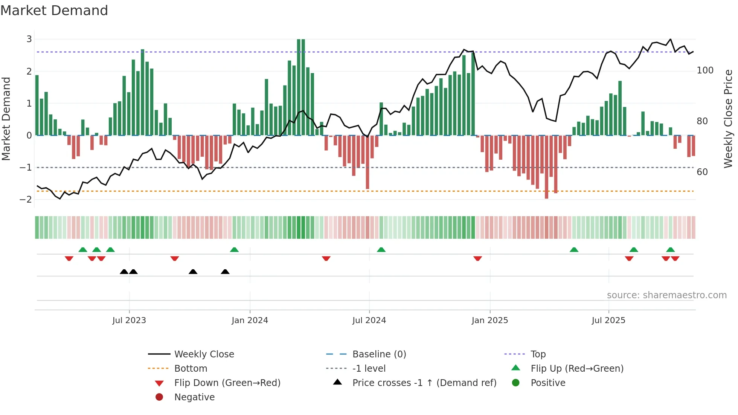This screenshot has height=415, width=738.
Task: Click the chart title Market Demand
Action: pyautogui.click(x=54, y=10)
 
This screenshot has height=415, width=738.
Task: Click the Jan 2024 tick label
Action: pyautogui.click(x=250, y=320)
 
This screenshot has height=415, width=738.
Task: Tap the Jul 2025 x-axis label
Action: pyautogui.click(x=608, y=320)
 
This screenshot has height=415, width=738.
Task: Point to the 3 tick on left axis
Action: pyautogui.click(x=29, y=39)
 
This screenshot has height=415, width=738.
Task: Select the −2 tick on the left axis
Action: pyautogui.click(x=26, y=199)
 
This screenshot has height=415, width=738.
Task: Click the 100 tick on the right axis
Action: pyautogui.click(x=705, y=70)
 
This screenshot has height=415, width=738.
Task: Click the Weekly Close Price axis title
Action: pyautogui.click(x=728, y=119)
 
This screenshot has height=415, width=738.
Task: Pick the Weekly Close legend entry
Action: pyautogui.click(x=204, y=354)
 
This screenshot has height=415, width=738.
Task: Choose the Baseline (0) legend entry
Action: pyautogui.click(x=379, y=354)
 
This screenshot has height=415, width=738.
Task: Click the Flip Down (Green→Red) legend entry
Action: pyautogui.click(x=227, y=383)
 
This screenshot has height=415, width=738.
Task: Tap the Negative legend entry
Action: pyautogui.click(x=194, y=397)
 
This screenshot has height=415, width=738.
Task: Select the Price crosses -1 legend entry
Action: pyautogui.click(x=424, y=383)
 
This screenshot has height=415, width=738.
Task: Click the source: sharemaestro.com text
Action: pyautogui.click(x=666, y=295)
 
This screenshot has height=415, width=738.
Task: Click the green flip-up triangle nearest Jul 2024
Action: pyautogui.click(x=381, y=250)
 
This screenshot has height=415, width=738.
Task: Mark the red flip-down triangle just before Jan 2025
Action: pyautogui.click(x=477, y=258)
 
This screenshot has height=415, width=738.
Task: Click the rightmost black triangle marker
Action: pyautogui.click(x=225, y=272)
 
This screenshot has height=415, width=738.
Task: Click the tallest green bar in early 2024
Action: pyautogui.click(x=301, y=87)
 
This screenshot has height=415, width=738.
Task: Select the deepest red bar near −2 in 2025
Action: pyautogui.click(x=546, y=167)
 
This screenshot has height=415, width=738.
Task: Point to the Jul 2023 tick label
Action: pyautogui.click(x=129, y=320)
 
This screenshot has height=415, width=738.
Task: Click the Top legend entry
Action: pyautogui.click(x=538, y=354)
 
